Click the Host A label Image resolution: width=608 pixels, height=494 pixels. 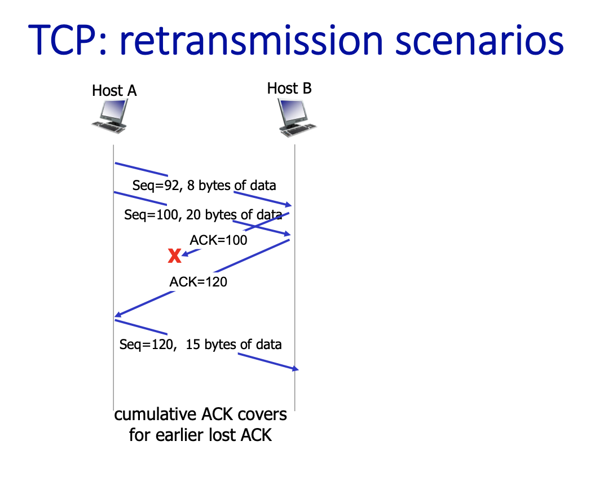point(114,90)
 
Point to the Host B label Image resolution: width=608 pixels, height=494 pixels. point(289,88)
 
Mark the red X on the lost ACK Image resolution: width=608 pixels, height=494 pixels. point(175,257)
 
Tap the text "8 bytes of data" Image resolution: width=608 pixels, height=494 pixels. point(232,185)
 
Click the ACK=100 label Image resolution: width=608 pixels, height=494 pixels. point(218,240)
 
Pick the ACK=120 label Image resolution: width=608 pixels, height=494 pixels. point(199,281)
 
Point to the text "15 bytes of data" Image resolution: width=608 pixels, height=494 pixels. point(233,344)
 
